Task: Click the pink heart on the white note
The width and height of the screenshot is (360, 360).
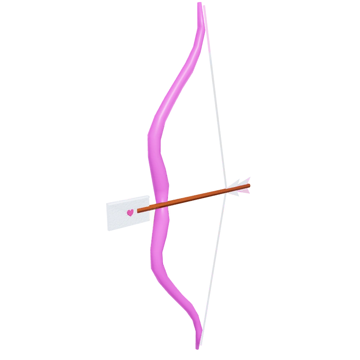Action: click(130, 212)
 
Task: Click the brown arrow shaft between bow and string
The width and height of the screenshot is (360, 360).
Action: click(195, 196)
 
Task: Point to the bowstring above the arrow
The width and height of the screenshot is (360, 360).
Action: click(216, 102)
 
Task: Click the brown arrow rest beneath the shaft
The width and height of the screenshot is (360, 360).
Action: click(173, 205)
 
